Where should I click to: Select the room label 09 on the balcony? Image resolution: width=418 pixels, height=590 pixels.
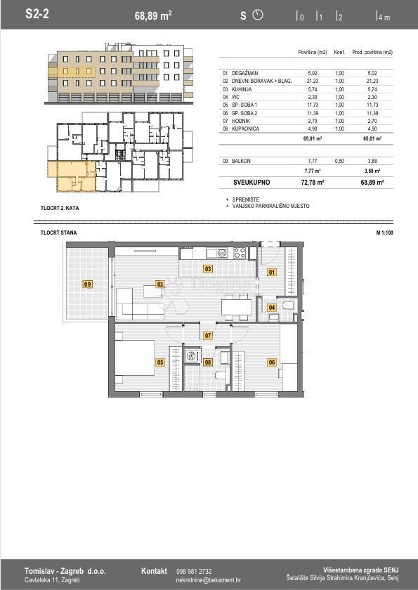(88, 284)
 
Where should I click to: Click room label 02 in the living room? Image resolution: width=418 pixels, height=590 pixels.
(160, 284)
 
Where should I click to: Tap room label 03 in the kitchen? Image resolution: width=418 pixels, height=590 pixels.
(208, 268)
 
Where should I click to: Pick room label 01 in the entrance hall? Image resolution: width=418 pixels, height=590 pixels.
(272, 272)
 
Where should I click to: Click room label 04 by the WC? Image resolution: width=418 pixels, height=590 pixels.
(272, 307)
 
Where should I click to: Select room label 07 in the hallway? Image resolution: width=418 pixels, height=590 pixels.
(208, 336)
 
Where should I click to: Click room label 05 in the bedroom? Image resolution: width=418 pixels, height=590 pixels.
(160, 362)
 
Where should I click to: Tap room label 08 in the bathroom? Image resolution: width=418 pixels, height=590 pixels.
(208, 362)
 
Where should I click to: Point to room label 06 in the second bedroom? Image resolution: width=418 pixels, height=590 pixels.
(272, 362)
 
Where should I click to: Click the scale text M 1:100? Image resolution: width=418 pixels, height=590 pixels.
(384, 232)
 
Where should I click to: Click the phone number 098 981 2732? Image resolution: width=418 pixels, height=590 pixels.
(194, 571)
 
